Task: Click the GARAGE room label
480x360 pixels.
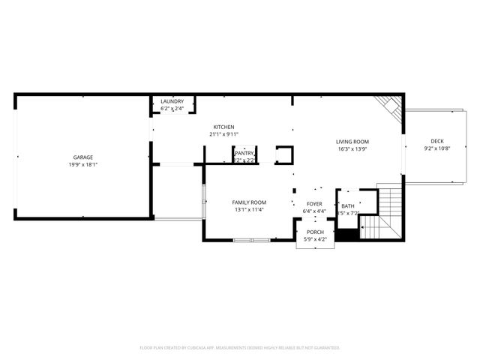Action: pos(82,157)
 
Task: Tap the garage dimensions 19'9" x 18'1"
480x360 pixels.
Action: pos(82,164)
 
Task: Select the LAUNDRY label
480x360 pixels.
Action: pos(172,102)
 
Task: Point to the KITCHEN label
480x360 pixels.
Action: pos(223,127)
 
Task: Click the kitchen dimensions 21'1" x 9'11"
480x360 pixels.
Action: pos(223,134)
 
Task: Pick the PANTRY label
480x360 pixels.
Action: pos(244,153)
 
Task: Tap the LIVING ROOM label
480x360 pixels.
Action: pos(352,141)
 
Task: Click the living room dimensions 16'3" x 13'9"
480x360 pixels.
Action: pos(352,148)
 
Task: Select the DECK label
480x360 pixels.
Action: pos(436,141)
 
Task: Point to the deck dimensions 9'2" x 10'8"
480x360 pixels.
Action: pos(436,148)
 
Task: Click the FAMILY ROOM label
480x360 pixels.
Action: pos(249,202)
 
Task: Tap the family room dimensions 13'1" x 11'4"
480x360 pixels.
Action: pos(249,210)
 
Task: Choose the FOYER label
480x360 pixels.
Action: pos(314,203)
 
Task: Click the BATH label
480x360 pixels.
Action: pos(348,205)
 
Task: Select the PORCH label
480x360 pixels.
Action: pos(315,232)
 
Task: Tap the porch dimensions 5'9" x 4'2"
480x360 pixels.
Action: pos(315,239)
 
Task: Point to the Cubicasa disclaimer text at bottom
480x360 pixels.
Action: pos(240,348)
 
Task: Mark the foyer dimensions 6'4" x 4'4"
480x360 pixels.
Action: pos(314,211)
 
